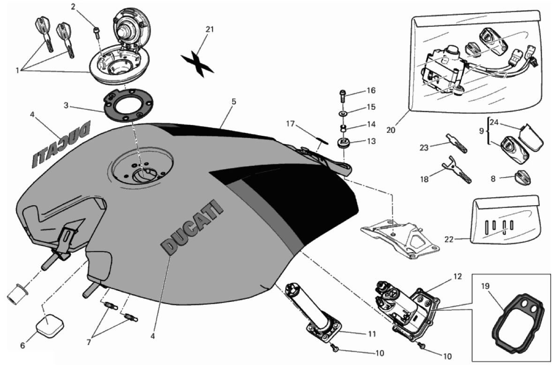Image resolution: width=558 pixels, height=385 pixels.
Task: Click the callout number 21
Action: (x=210, y=29)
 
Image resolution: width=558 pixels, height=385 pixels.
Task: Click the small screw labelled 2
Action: (x=97, y=32)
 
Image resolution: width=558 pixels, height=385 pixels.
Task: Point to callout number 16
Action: (x=371, y=90)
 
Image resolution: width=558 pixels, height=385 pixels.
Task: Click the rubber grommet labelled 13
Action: (x=345, y=142)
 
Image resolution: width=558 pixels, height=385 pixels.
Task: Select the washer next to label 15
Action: (x=343, y=114)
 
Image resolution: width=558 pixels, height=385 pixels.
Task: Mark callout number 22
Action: (x=449, y=239)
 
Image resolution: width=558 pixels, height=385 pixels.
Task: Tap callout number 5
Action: (x=234, y=101)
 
